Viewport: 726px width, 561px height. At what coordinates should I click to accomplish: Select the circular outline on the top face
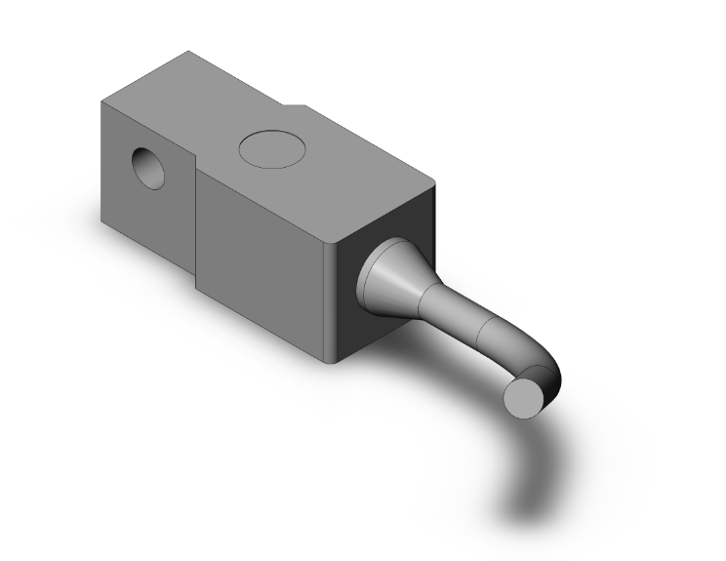tap(272, 147)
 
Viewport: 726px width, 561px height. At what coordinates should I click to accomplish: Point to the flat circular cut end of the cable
tap(525, 397)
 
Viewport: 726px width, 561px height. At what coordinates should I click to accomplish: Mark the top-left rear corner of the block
tap(101, 100)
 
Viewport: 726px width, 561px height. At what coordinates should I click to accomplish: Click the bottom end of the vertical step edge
tap(198, 289)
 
